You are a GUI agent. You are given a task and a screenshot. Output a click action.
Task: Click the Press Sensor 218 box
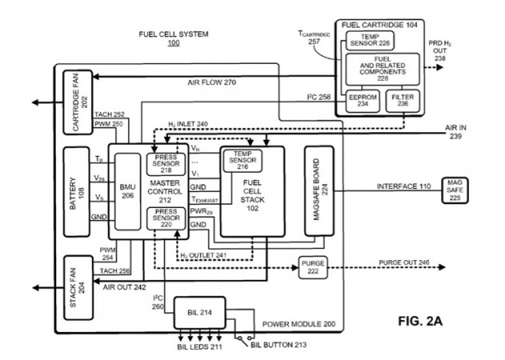[x=166, y=164]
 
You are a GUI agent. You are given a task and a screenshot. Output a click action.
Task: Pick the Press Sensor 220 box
[x=166, y=219]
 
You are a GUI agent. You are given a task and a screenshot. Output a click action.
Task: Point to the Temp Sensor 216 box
[x=242, y=160]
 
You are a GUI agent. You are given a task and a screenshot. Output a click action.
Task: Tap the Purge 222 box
[x=313, y=266]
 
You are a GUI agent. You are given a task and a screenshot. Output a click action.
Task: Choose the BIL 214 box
[x=200, y=312]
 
